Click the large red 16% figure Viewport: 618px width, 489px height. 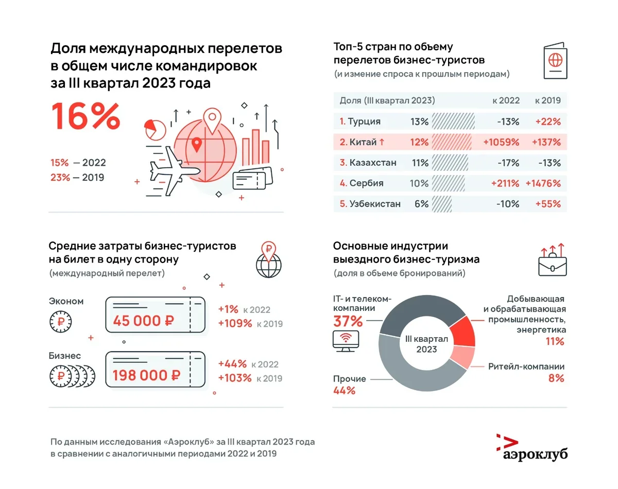(85, 117)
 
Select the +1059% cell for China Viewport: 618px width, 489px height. (500, 142)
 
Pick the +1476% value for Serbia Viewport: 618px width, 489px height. (543, 183)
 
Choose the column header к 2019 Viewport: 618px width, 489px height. (547, 100)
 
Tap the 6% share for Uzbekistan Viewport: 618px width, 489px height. (421, 204)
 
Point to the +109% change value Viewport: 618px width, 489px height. (235, 324)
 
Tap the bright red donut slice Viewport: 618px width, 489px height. (461, 330)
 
